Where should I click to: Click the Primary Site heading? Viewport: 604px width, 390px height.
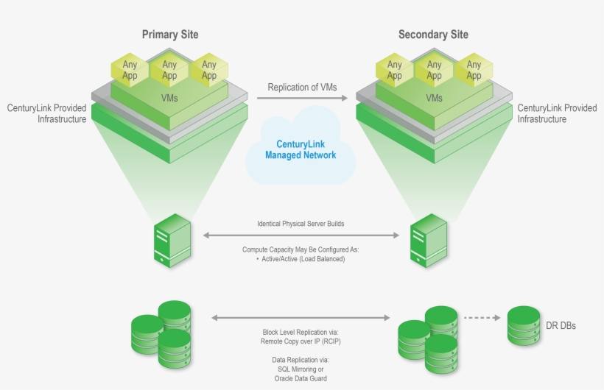170,35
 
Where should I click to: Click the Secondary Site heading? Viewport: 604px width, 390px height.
433,35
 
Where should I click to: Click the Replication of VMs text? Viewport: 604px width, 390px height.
302,87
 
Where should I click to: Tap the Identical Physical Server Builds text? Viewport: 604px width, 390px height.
300,223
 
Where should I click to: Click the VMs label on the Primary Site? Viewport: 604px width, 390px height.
169,97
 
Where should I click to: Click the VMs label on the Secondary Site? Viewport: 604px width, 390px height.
434,97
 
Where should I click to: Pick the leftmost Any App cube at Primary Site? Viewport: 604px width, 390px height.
130,70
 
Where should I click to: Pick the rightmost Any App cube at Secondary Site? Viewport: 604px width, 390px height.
474,70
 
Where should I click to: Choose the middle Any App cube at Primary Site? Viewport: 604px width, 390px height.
169,70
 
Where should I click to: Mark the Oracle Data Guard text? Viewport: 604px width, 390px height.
300,378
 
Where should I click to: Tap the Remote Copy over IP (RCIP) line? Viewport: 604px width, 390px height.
300,341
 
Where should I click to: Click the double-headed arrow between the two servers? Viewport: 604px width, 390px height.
300,235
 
